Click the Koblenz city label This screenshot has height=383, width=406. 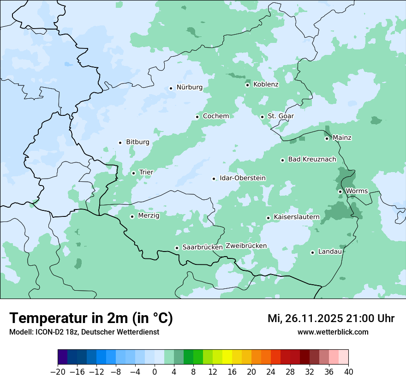266,84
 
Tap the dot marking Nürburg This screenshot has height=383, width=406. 171,88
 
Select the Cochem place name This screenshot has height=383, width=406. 215,116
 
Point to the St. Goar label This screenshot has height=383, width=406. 281,116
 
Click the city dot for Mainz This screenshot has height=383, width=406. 327,138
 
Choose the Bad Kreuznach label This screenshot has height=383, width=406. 312,160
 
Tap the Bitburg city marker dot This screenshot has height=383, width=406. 120,143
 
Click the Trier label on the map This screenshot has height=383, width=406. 146,173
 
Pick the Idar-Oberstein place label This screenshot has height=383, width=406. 242,178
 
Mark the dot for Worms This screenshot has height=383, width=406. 340,191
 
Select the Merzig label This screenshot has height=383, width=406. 149,215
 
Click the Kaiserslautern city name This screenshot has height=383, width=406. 297,217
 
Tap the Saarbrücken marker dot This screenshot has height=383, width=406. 177,248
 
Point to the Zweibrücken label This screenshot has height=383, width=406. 246,246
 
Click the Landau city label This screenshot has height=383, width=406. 330,252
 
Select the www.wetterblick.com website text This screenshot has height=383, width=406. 333,332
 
